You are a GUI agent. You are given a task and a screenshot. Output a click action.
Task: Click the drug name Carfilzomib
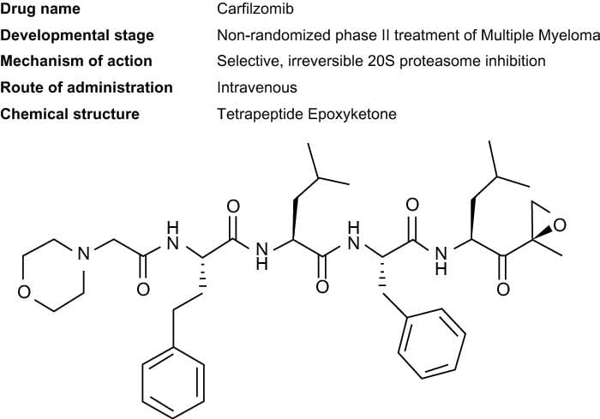click(x=254, y=9)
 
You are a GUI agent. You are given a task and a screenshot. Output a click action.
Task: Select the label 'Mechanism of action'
click(x=77, y=61)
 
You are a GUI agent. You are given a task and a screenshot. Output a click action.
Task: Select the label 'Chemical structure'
click(x=70, y=113)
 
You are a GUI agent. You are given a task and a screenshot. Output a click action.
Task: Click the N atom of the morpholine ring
click(x=81, y=254)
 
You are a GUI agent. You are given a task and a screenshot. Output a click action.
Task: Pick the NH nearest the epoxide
click(x=441, y=260)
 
